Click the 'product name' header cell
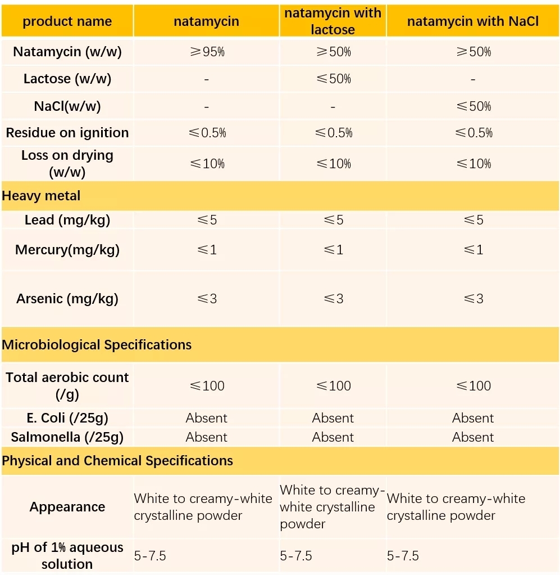67,22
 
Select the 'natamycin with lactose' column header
333,21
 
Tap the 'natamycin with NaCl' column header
472,22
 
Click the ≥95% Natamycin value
207,52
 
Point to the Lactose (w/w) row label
67,79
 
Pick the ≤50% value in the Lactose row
333,79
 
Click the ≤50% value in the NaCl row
473,106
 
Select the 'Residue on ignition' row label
67,133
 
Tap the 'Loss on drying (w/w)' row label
67,163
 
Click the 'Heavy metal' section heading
42,196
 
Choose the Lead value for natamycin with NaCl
473,220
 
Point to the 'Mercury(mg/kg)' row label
67,250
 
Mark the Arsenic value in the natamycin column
207,299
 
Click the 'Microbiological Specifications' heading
97,345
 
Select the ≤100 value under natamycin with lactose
333,386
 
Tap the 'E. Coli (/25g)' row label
67,418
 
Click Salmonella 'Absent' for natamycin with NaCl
473,437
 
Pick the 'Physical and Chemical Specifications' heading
117,461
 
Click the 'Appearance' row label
67,507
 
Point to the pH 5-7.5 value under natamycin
150,556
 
